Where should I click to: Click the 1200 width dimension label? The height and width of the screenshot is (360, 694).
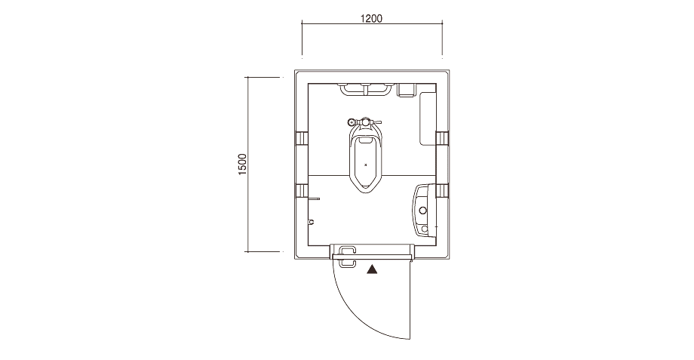point(371,19)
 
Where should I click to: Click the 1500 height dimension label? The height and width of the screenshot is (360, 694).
point(243,165)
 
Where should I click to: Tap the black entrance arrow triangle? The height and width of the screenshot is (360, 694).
point(373,269)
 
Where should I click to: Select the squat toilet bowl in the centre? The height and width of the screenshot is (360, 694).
point(366,162)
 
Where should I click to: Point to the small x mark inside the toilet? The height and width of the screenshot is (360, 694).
point(366,165)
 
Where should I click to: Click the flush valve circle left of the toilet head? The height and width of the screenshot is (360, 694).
point(352,122)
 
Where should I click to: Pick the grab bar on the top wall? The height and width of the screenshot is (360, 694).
point(366,90)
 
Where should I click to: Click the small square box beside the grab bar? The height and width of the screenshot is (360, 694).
point(405,90)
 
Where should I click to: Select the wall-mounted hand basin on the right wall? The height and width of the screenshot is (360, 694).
point(425,211)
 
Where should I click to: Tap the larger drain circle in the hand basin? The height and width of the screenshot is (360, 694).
point(423,211)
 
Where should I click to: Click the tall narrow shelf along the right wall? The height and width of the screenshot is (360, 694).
point(428,118)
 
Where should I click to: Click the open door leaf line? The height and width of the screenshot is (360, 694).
point(411,300)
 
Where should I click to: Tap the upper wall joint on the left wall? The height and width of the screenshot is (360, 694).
point(302,138)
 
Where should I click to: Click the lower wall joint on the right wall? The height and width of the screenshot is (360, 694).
point(443,190)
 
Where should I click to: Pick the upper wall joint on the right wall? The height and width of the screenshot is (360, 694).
point(443,138)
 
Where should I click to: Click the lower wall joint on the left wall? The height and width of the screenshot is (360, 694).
point(302,191)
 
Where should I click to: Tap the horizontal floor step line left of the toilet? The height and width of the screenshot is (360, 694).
point(328,175)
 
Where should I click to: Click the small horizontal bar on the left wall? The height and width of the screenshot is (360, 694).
point(314,198)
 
